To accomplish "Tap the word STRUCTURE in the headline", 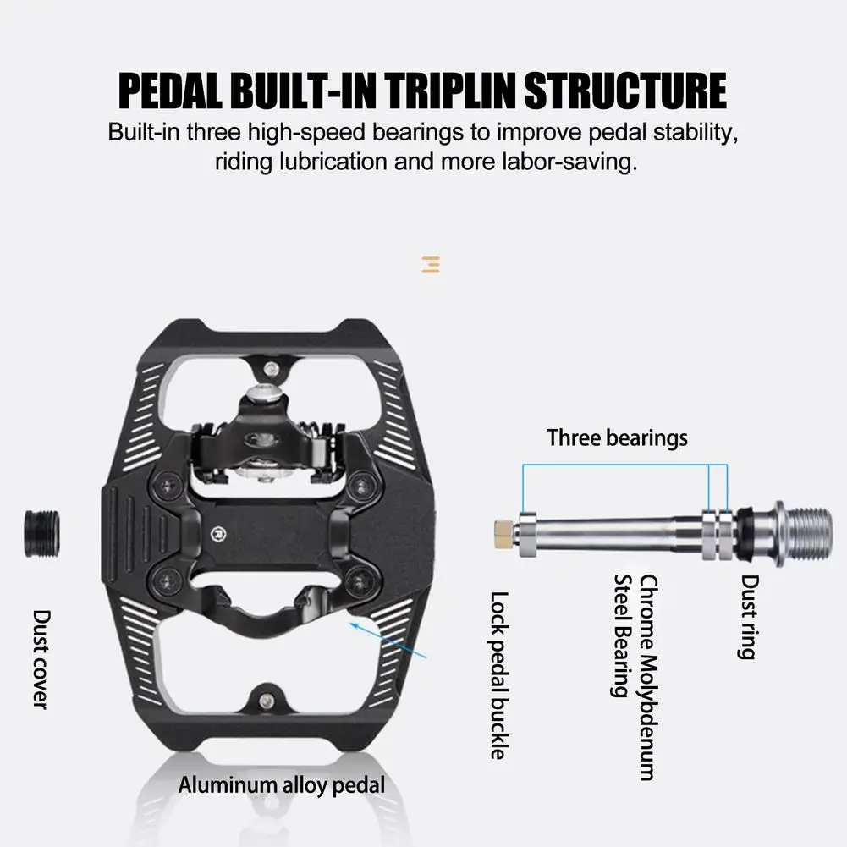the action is (x=626, y=91).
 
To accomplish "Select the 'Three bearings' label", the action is (x=617, y=437).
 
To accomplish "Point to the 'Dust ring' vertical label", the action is (x=749, y=617).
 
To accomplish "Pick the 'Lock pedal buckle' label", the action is (x=499, y=674).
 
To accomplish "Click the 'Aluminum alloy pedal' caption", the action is (x=281, y=784).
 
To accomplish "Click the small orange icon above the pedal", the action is (x=431, y=265).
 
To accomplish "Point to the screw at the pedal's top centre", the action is (x=270, y=368).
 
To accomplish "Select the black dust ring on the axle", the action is (x=748, y=532).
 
